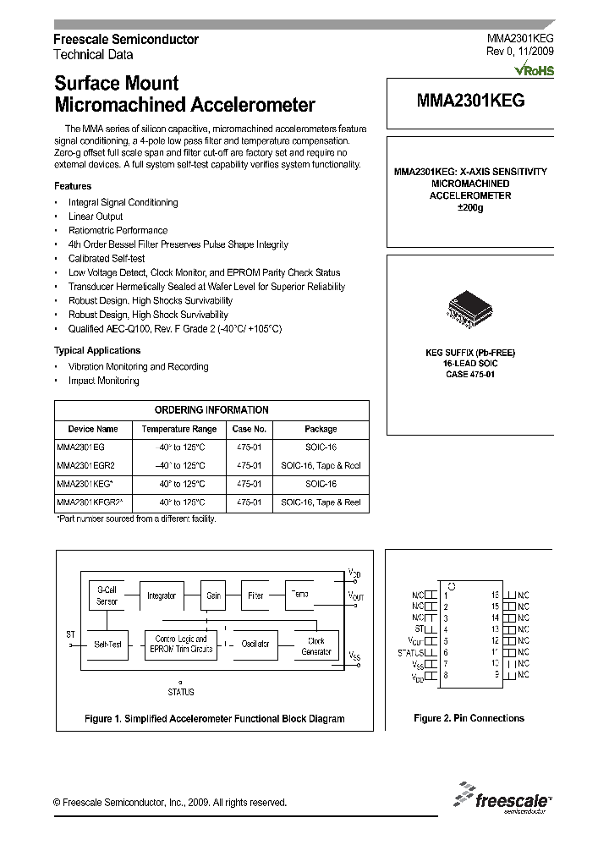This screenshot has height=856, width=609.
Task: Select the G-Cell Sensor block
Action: click(107, 595)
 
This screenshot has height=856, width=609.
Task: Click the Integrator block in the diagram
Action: click(161, 595)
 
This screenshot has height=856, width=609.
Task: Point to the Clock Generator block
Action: click(315, 646)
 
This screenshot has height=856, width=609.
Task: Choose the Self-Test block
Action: click(107, 645)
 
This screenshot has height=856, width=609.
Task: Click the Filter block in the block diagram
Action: click(255, 595)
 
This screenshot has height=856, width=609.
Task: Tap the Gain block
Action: click(213, 595)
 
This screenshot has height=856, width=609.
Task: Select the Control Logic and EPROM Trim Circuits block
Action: click(179, 645)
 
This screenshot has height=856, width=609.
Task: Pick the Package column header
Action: click(321, 429)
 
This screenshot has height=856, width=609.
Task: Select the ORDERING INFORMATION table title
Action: click(212, 409)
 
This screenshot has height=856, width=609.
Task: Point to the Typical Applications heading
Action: click(97, 350)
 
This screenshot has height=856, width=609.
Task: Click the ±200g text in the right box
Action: click(470, 208)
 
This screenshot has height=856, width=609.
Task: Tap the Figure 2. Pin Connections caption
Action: click(469, 718)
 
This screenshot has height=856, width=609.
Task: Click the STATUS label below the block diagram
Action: click(180, 692)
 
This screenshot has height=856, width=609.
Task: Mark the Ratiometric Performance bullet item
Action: click(118, 230)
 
